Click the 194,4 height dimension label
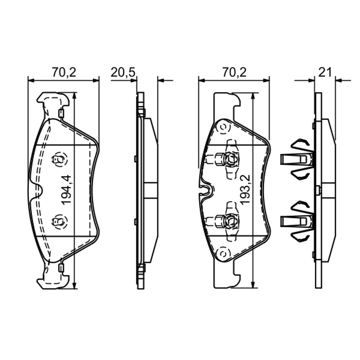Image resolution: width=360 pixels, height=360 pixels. tap(67, 189)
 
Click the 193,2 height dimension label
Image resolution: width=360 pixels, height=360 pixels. tap(245, 189)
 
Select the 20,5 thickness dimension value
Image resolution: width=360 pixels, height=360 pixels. tap(122, 72)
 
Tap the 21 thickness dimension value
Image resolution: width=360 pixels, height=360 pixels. tap(325, 72)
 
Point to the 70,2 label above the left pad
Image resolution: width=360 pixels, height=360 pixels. tap(63, 72)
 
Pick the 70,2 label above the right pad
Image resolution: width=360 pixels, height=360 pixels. tap(234, 72)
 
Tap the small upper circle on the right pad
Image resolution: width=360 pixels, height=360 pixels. tap(223, 127)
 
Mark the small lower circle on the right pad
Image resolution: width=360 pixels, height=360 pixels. tap(223, 253)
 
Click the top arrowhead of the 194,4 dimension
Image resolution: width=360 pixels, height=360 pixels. tap(74, 96)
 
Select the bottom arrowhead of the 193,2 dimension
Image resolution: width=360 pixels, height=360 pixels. tap(252, 284)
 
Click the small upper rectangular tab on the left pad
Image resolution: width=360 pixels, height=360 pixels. tap(61, 113)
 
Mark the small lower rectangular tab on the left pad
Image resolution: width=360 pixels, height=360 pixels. tap(61, 268)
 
